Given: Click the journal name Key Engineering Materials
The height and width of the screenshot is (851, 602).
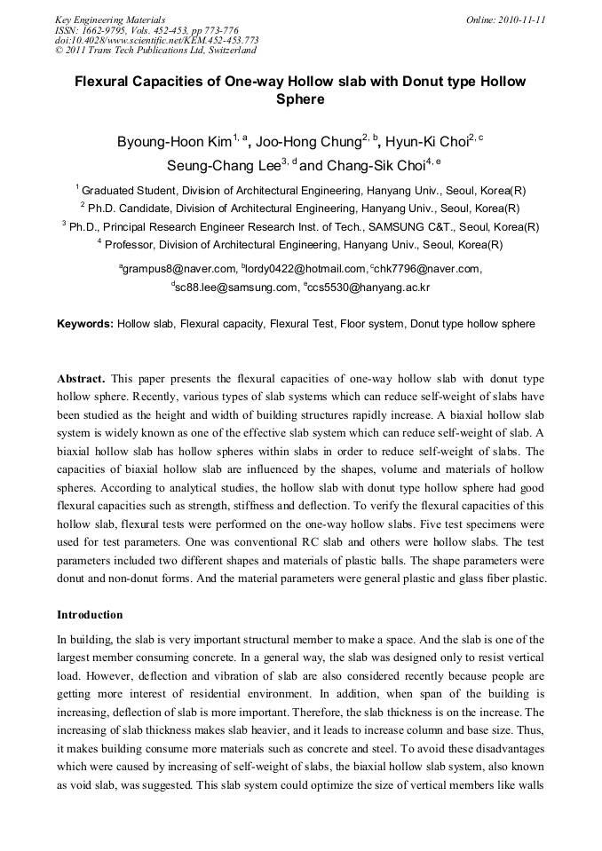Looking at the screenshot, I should [109, 20].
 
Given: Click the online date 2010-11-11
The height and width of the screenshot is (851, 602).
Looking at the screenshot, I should [519, 20].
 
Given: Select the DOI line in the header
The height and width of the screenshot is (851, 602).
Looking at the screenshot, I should [157, 40].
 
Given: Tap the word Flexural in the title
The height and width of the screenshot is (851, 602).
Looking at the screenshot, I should [107, 82].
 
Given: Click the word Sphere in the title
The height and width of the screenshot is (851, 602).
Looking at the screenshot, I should [300, 99].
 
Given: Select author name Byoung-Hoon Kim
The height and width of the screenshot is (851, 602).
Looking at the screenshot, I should [174, 142].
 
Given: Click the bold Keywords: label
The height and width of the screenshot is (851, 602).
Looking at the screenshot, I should [85, 324].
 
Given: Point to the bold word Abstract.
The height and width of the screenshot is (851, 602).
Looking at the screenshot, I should [81, 379].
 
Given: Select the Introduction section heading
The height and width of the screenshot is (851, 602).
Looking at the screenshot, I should [90, 614].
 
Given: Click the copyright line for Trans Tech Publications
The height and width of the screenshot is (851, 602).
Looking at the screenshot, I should [156, 50].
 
